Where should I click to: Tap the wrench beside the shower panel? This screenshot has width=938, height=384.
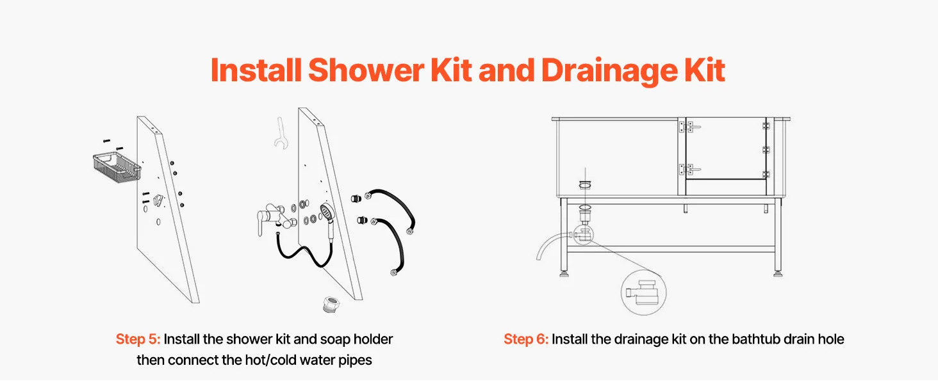[281, 133]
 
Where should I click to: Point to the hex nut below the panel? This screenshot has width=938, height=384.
[331, 304]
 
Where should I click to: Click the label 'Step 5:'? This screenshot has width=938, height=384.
[138, 339]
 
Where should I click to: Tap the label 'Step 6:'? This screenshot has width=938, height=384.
[526, 339]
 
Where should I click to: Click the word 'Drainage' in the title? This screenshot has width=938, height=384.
[609, 71]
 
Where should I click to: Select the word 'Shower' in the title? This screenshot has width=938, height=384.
[366, 70]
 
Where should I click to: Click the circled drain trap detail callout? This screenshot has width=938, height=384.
[643, 292]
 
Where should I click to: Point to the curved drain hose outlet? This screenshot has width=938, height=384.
[551, 244]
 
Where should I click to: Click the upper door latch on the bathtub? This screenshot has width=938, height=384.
[689, 126]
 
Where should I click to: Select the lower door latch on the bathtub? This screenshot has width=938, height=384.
[689, 169]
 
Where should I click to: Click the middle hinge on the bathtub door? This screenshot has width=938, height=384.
[766, 150]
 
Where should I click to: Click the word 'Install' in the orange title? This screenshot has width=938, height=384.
[256, 70]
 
